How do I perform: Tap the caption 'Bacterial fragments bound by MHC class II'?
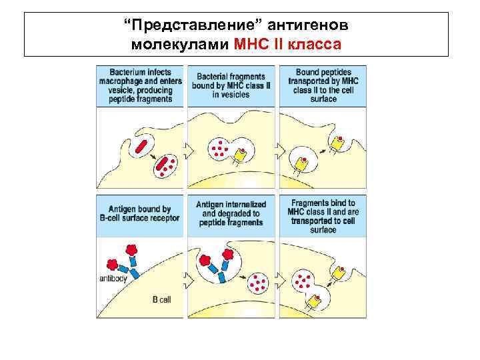tap(231, 86)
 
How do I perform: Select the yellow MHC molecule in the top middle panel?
tap(239, 155)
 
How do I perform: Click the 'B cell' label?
tap(161, 300)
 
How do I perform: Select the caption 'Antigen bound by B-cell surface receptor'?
tap(139, 214)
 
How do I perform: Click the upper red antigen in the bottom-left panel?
tap(132, 250)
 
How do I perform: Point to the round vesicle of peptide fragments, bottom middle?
tap(257, 285)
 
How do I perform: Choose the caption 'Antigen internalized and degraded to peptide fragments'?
tap(231, 213)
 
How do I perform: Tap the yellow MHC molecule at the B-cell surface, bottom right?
tap(339, 272)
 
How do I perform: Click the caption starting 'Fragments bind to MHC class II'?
tap(323, 216)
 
